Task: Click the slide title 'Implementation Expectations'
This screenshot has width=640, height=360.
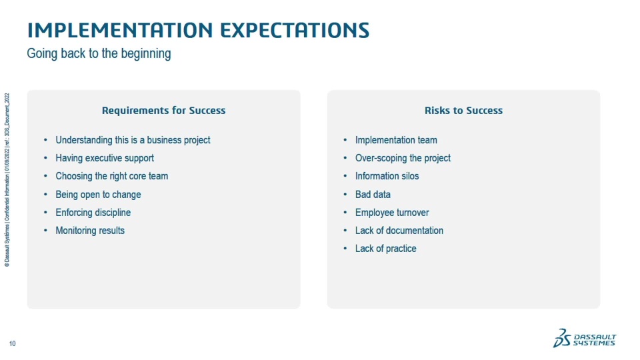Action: point(198,30)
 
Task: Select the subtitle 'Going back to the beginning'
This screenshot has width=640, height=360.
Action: point(99,54)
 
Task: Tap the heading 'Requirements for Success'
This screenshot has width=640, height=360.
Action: point(164,110)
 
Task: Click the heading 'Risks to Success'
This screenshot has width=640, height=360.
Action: point(464,110)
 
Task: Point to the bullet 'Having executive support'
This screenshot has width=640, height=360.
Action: point(105,159)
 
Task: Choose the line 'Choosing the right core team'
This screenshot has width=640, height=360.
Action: point(112,176)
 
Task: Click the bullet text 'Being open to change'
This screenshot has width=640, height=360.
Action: point(98,195)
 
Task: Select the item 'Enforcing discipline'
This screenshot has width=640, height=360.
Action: point(93,213)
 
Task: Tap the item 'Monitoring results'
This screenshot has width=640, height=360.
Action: point(90,231)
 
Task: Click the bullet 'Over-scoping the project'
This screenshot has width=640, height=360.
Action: point(403,159)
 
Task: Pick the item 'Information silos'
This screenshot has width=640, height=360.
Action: point(387,176)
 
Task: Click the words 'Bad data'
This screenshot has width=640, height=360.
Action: point(373,195)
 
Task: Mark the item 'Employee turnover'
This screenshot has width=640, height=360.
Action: point(392,213)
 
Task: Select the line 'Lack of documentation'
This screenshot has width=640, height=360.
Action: point(399,231)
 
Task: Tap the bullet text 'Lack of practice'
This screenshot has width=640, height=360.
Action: point(386,249)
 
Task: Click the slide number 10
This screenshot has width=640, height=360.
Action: point(12,344)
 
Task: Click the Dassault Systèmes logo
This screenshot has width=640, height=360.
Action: point(585,338)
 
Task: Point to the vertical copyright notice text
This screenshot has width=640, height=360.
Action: point(7,180)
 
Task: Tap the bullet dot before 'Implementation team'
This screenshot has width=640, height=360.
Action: point(345,140)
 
